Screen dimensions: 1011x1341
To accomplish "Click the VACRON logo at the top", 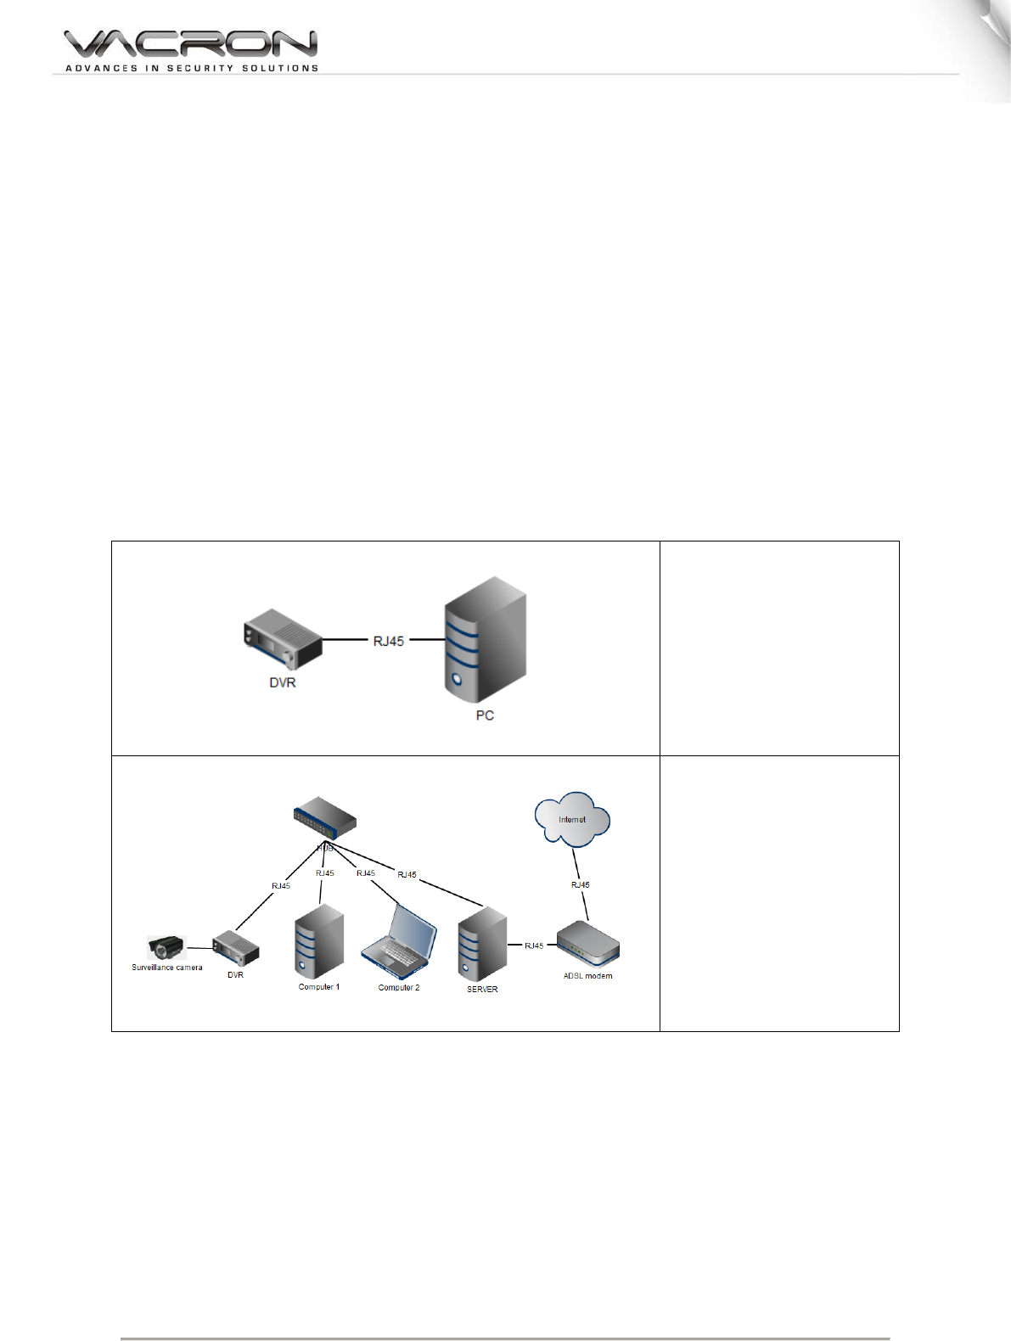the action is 190,44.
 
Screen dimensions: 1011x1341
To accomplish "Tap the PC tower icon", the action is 485,639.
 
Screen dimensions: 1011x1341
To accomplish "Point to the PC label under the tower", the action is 485,715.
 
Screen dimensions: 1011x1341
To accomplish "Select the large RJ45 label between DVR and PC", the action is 389,641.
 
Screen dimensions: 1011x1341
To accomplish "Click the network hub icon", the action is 325,816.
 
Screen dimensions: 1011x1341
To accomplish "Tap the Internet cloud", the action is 572,819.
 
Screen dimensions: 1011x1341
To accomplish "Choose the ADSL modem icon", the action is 587,944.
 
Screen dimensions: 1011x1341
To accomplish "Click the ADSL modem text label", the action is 587,976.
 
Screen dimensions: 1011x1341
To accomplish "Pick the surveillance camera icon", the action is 166,947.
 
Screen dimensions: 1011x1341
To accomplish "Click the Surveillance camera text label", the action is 167,968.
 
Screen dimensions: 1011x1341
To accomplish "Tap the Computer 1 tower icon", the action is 319,942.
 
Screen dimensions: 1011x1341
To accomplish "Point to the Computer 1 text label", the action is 319,987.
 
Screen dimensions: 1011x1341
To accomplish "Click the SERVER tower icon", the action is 482,945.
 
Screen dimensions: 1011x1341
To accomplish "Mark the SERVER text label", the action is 482,990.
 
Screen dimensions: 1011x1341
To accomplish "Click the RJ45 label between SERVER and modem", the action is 534,945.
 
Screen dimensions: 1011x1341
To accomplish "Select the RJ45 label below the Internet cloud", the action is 581,884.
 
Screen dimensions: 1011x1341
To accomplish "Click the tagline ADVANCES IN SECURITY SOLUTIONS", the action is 192,68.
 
